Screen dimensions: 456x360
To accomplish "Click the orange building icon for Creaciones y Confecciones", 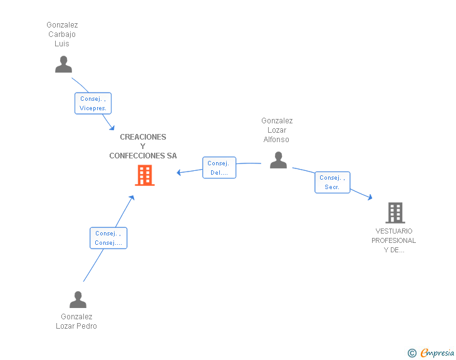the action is coord(145,175).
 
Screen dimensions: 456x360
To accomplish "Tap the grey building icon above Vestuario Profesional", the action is coord(395,213).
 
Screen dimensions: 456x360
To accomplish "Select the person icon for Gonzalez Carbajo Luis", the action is coord(63,64).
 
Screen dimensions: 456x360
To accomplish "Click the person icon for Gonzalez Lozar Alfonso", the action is coord(278,160).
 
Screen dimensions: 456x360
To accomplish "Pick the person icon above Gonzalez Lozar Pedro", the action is coord(78,299).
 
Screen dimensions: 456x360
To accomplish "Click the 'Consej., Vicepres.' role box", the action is coord(93,103).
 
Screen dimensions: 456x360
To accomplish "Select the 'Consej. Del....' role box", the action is coord(219,168).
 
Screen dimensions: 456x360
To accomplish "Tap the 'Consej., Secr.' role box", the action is coord(333,182).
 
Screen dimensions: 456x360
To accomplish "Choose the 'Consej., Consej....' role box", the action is coord(108,238).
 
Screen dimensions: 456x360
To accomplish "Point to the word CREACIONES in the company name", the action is coord(143,137).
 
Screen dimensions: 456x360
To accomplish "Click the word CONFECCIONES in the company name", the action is coord(137,156).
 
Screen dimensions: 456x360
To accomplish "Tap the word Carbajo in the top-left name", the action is coord(62,34).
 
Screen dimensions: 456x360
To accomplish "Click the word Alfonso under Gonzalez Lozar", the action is coord(276,140).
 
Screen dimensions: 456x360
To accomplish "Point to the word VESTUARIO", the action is coord(394,231).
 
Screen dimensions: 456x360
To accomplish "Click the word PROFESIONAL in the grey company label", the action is coord(393,240).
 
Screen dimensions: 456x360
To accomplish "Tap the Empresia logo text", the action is coord(437,352).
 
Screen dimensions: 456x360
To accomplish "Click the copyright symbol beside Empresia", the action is coord(412,353).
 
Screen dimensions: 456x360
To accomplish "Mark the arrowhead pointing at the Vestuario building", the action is coord(370,197).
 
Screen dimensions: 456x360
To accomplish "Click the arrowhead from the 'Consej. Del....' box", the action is coord(179,172).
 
